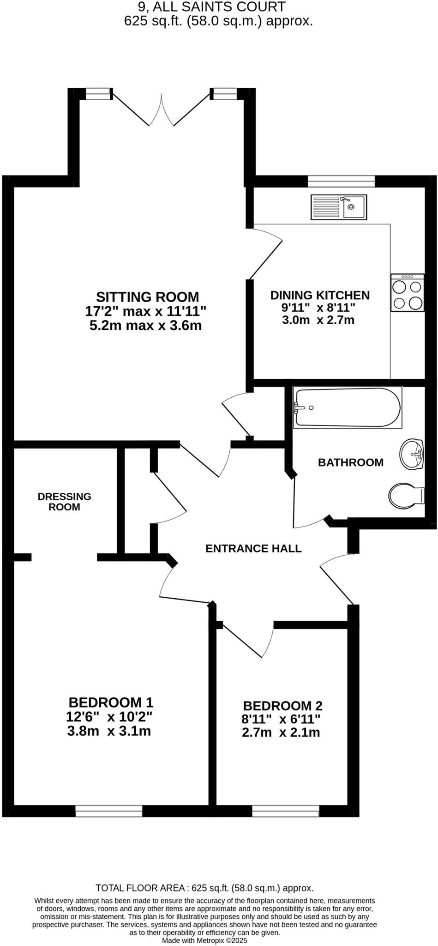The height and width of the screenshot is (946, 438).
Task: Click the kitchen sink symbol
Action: [339, 207]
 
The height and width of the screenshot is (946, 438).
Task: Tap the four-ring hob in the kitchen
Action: [407, 293]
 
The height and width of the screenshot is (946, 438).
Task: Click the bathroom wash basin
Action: [412, 455]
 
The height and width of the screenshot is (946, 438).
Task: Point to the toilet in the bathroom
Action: [406, 496]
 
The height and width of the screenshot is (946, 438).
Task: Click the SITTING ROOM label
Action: [147, 297]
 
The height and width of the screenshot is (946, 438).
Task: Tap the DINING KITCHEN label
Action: [320, 295]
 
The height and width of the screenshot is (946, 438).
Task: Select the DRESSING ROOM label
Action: [65, 502]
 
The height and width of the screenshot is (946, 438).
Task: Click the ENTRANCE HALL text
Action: [253, 548]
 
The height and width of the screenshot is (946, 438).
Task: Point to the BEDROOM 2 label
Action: [282, 706]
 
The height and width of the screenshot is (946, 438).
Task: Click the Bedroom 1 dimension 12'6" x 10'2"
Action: [109, 717]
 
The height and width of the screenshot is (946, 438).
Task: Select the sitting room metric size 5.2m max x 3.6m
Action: [145, 326]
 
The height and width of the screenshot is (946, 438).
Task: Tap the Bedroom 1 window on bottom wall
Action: [109, 811]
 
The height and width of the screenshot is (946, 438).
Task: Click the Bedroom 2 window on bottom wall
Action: [285, 811]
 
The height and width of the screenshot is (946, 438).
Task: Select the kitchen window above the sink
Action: [341, 181]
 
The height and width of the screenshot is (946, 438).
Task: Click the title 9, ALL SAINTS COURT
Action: [211, 7]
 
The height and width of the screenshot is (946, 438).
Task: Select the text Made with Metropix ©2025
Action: [204, 940]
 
